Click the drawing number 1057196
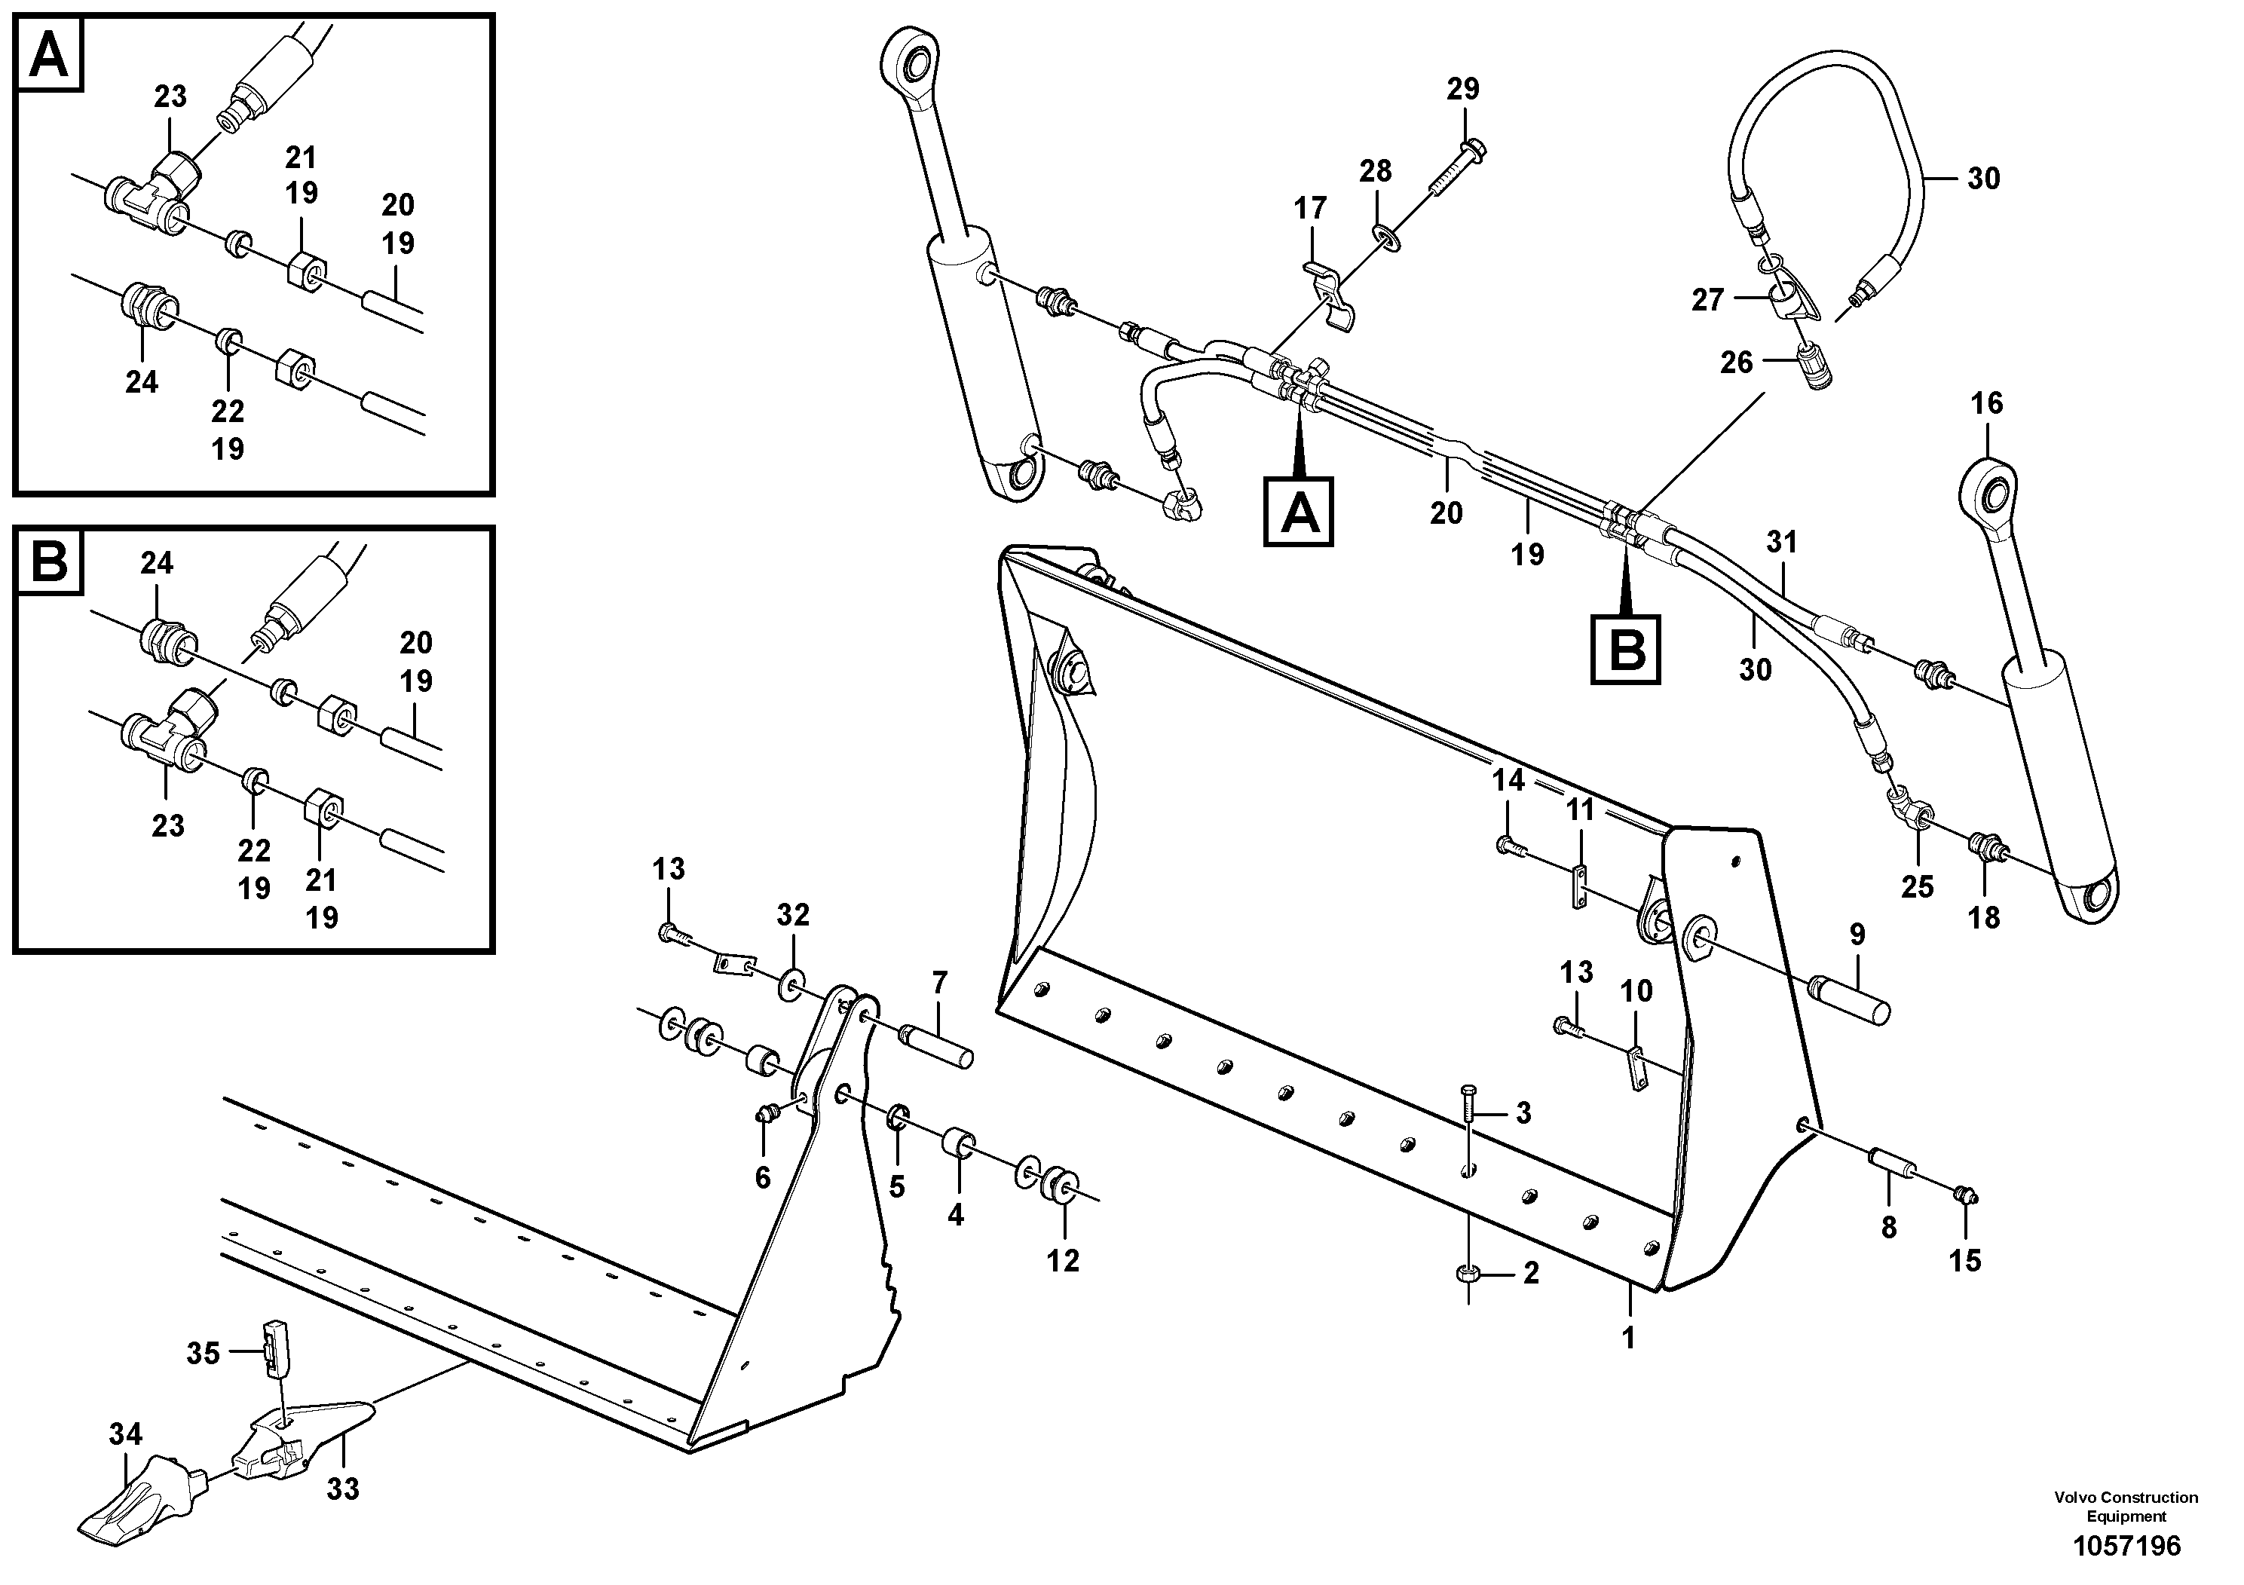click(2125, 1546)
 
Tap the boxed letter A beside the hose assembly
click(1299, 511)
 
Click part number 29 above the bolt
click(1463, 89)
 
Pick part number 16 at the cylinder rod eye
click(1987, 402)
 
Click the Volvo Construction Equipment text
click(2126, 1506)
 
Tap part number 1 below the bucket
click(1628, 1338)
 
